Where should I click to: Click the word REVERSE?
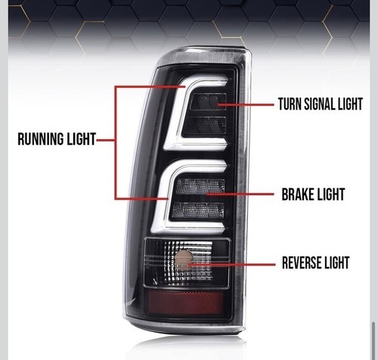(x=302, y=262)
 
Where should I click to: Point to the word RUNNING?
(x=37, y=139)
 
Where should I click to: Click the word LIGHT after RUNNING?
(x=78, y=139)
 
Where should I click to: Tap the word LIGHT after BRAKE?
(x=330, y=194)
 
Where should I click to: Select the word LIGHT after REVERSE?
(x=337, y=262)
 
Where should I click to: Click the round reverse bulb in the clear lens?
(x=183, y=261)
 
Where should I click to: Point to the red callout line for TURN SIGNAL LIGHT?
(x=246, y=104)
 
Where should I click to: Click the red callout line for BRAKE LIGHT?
(x=240, y=194)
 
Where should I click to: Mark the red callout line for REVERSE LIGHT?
(x=231, y=265)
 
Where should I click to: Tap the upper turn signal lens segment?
(x=209, y=101)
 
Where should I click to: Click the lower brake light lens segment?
(x=198, y=210)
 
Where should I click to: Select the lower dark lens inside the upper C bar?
(x=205, y=126)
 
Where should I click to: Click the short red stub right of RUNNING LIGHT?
(x=106, y=140)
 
